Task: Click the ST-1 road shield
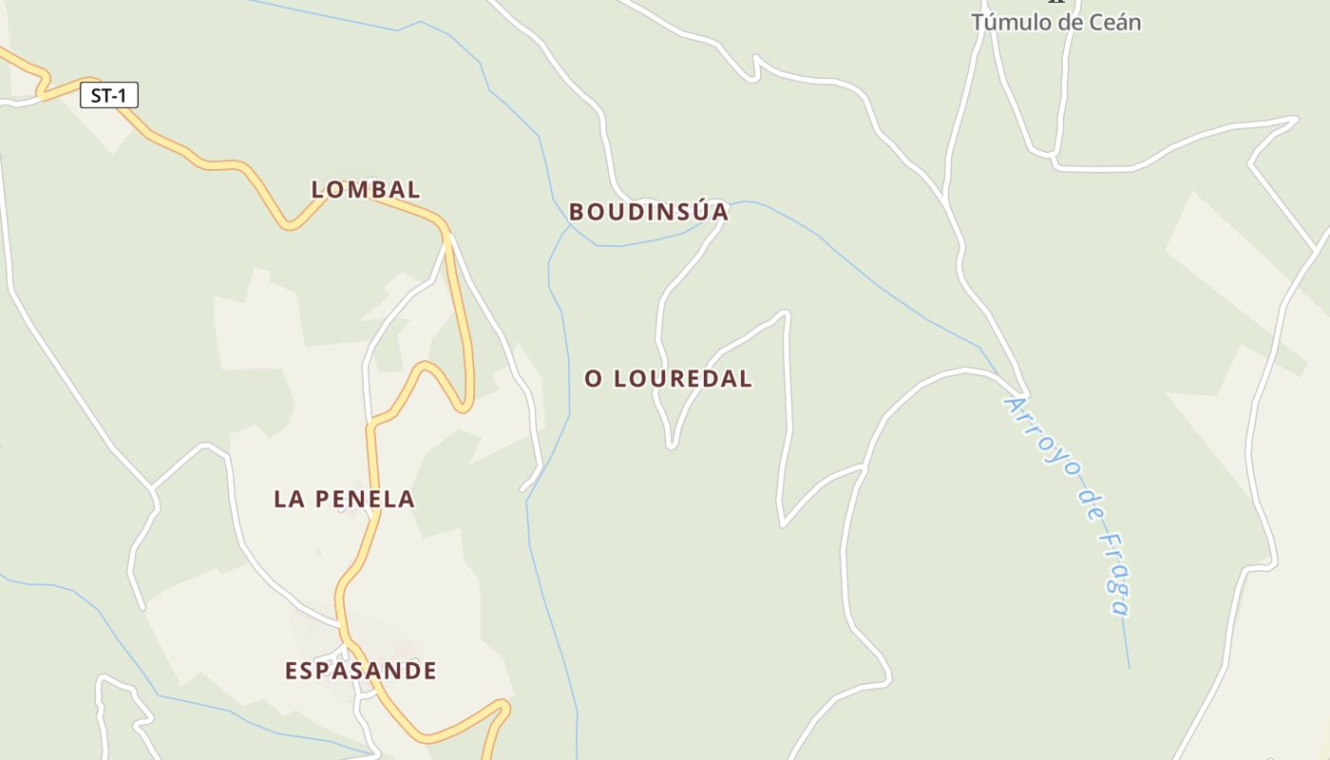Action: [x=109, y=95]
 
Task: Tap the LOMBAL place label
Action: [x=366, y=189]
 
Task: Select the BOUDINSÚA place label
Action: [x=648, y=212]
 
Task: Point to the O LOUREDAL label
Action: [x=668, y=378]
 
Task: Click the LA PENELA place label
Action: [x=344, y=499]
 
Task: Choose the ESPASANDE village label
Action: [x=361, y=671]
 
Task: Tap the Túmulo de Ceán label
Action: [x=1055, y=22]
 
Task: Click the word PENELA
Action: [x=366, y=499]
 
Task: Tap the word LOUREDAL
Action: [x=683, y=378]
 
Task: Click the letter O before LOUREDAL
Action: [x=594, y=379]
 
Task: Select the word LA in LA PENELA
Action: [x=289, y=499]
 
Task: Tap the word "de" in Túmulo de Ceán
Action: [x=1067, y=22]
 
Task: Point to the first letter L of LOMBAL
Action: [x=318, y=190]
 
